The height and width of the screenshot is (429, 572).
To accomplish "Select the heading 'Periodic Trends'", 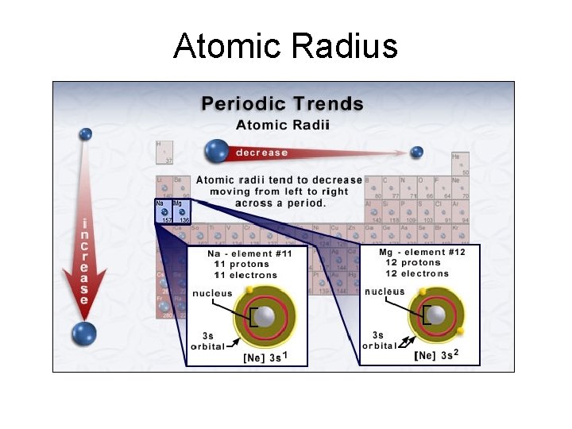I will click(x=282, y=104).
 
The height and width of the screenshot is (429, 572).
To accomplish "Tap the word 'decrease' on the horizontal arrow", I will click(x=261, y=153).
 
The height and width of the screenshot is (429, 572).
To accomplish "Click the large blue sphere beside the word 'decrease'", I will click(x=217, y=151).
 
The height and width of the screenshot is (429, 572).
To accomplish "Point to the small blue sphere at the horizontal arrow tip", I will click(x=416, y=152).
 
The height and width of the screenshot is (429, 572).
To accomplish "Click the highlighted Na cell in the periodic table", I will click(x=164, y=211).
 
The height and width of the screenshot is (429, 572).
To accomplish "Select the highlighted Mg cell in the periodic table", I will click(x=182, y=211).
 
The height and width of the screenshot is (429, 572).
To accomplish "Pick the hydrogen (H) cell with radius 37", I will click(x=164, y=152).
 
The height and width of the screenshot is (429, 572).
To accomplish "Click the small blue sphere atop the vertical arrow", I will click(x=85, y=134).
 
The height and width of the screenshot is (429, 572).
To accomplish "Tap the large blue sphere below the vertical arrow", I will click(x=83, y=334).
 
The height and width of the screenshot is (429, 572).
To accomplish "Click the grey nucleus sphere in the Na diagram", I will click(x=265, y=316).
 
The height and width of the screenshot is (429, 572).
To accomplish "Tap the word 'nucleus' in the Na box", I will click(x=212, y=293).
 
